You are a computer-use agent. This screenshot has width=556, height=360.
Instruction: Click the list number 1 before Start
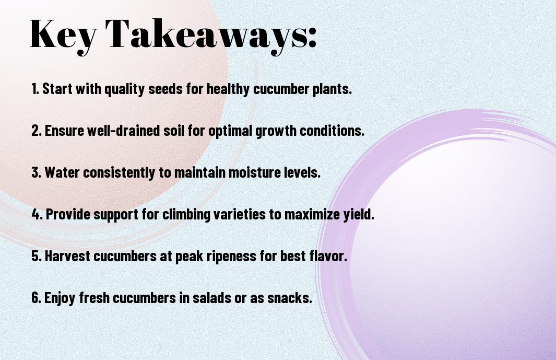pyautogui.click(x=34, y=89)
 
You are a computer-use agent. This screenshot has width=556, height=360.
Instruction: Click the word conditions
pyautogui.click(x=332, y=131)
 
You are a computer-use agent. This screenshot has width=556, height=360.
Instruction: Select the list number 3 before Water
pyautogui.click(x=36, y=172)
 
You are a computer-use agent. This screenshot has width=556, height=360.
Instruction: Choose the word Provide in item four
pyautogui.click(x=67, y=214)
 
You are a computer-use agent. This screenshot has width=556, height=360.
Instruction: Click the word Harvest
pyautogui.click(x=67, y=256)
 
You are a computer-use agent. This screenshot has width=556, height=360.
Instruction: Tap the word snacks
pyautogui.click(x=290, y=297)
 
